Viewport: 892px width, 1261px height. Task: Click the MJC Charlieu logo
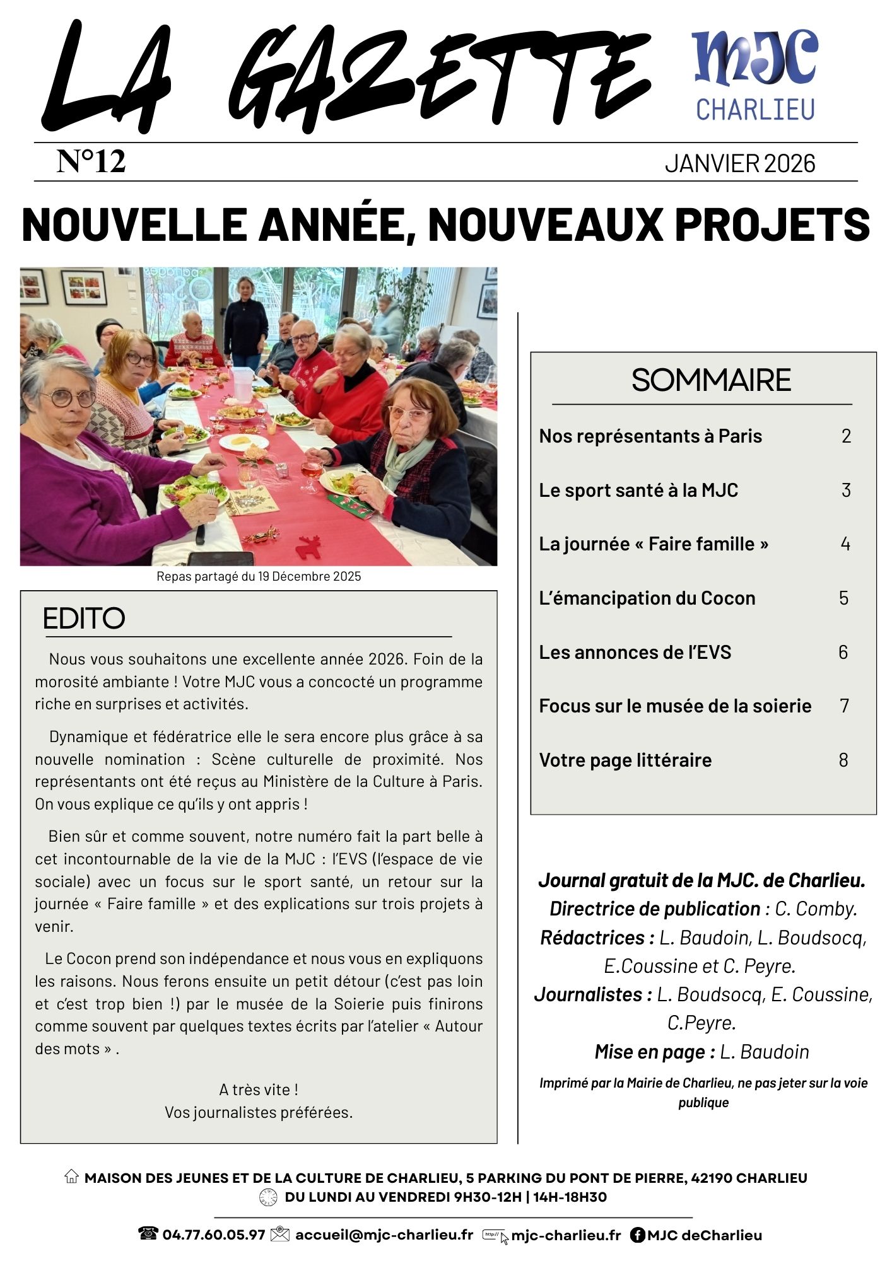click(x=754, y=76)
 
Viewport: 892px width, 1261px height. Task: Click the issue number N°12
click(x=91, y=161)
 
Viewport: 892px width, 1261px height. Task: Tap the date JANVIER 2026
click(x=739, y=164)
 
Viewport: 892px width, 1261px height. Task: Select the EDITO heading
click(x=84, y=619)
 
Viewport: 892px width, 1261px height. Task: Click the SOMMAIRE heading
click(x=711, y=380)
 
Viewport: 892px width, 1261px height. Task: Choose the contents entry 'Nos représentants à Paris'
click(x=650, y=436)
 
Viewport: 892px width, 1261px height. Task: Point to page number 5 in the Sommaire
click(x=843, y=598)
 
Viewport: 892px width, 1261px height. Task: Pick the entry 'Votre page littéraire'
click(x=625, y=760)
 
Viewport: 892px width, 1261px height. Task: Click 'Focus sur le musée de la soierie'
click(x=675, y=706)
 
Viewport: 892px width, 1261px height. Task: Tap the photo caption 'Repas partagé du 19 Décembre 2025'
click(x=259, y=576)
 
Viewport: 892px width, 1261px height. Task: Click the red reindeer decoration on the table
click(x=309, y=547)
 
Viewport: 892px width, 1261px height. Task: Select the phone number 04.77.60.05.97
click(x=213, y=1235)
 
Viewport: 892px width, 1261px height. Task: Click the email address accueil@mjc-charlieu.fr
click(x=384, y=1235)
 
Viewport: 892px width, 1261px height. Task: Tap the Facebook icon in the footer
click(x=637, y=1235)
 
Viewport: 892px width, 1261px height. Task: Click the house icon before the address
click(x=71, y=1177)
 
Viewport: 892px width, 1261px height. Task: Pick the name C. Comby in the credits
click(x=816, y=909)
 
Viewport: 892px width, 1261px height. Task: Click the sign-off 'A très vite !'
click(x=259, y=1090)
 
